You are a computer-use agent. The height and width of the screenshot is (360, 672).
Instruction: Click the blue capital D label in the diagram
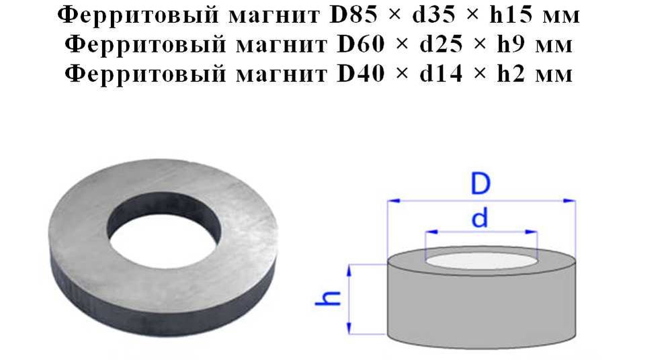480,183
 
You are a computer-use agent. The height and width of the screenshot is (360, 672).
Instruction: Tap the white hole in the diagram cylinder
480,258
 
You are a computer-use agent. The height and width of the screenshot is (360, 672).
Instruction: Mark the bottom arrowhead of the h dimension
349,328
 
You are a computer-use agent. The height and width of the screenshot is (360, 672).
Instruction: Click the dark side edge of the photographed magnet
161,296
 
